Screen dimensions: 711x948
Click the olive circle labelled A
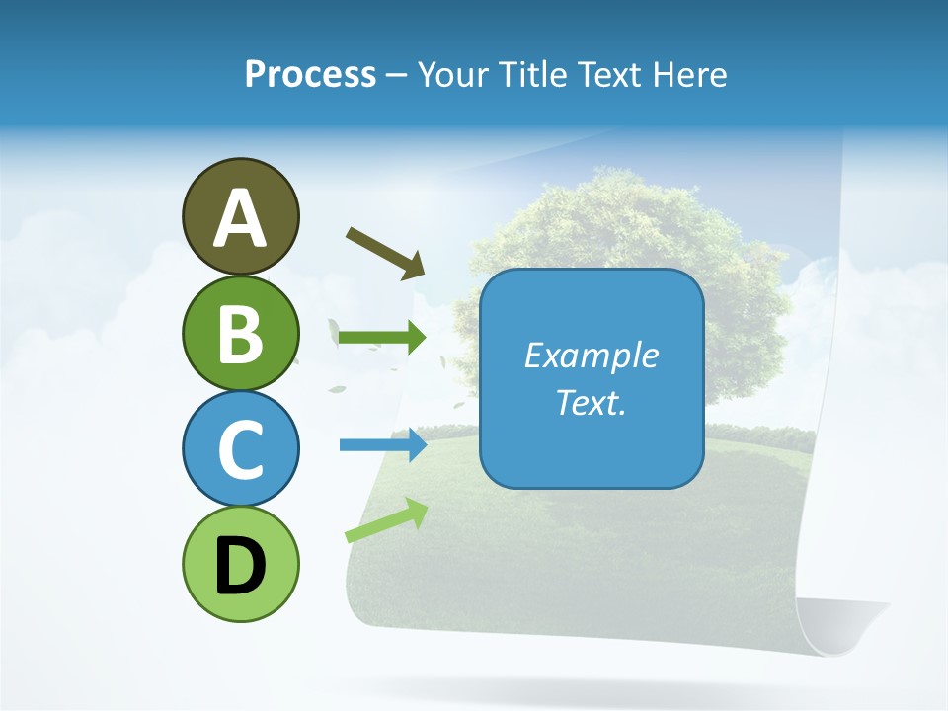coord(240,216)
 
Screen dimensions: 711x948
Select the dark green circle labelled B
coord(240,333)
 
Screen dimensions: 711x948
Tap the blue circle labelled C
coord(240,448)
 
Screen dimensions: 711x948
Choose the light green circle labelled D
coord(240,564)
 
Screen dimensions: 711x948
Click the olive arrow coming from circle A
coord(385,253)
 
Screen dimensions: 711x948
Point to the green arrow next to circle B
coord(382,338)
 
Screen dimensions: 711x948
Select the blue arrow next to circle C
coord(382,445)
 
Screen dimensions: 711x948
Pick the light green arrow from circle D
coord(386,520)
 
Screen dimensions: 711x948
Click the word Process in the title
coord(310,74)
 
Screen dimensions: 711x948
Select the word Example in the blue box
coord(591,355)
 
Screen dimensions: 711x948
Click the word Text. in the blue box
coord(591,402)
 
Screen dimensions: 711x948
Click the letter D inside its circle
coord(240,565)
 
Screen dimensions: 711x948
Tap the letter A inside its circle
coord(240,217)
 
